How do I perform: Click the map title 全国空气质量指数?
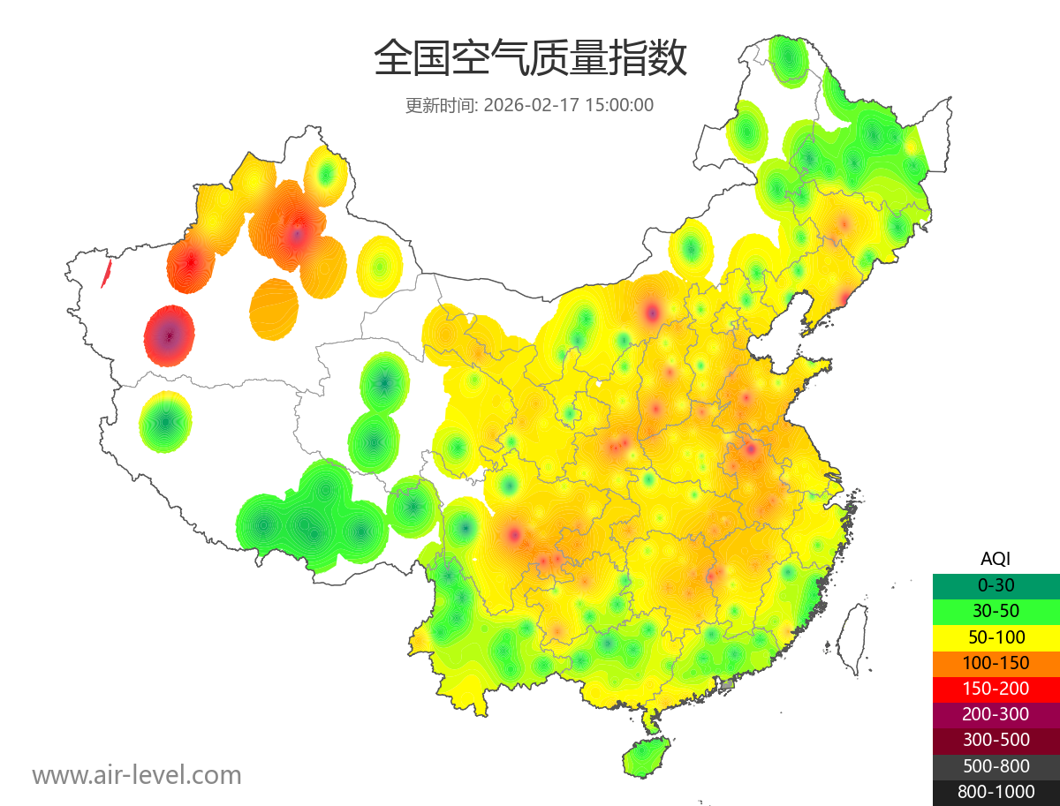coord(530,59)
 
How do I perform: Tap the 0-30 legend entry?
coord(996,585)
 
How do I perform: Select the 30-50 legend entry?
coord(996,611)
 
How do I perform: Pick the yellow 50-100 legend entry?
coord(996,637)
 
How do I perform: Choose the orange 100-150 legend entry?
coord(996,663)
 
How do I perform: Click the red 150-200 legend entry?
coord(996,689)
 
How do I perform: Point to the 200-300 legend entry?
coord(996,714)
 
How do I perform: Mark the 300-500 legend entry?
coord(996,740)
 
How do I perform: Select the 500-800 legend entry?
coord(996,766)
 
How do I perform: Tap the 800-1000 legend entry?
coord(996,792)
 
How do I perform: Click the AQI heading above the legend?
coord(996,558)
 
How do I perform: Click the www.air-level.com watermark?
coord(137,775)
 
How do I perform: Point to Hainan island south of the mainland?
coord(647,757)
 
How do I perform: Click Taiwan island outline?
coord(851,637)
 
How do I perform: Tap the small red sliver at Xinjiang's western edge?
coord(106,274)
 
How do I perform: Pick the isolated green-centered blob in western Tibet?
coord(165,422)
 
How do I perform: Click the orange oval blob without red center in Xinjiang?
coord(274,309)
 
